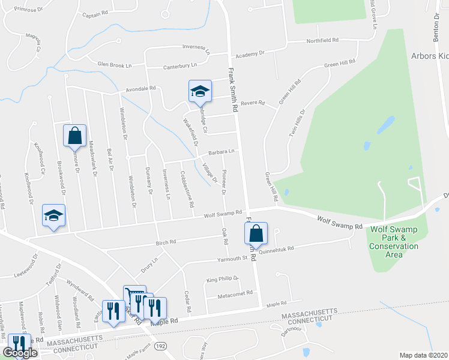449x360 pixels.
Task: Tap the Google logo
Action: click(20, 353)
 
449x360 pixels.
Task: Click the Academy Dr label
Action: click(250, 53)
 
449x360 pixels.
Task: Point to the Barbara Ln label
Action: click(220, 152)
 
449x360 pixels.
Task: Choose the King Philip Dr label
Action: click(223, 279)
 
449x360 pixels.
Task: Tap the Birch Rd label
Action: click(164, 242)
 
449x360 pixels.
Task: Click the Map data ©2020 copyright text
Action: click(424, 355)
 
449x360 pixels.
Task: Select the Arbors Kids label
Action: click(429, 56)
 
